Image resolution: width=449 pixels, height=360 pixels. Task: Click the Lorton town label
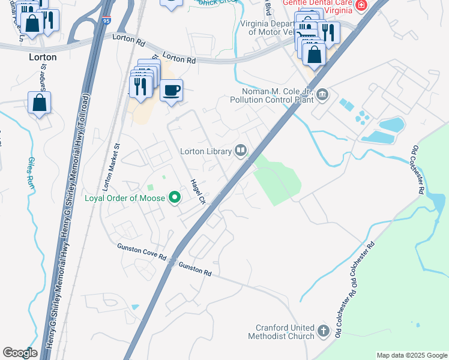coord(43,57)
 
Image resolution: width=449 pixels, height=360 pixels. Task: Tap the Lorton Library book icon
coord(241,150)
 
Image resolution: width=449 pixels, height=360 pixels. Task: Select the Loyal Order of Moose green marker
coord(175,197)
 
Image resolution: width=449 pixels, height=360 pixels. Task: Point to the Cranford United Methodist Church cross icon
coord(324,331)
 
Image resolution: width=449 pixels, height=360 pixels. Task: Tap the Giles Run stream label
coord(31,174)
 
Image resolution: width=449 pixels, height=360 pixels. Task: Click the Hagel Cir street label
coord(198,193)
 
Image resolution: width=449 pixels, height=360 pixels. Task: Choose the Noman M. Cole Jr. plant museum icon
coord(323,95)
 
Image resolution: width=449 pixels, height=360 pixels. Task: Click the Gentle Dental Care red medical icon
coord(361,6)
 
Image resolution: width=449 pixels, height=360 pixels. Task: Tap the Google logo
coord(20,353)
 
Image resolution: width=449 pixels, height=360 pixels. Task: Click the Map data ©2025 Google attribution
coord(412,355)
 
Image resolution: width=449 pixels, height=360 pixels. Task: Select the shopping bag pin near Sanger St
coord(39,103)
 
